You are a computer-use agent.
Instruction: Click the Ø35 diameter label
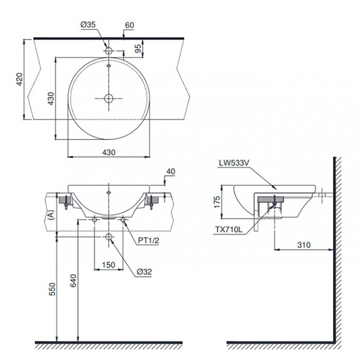click(x=88, y=25)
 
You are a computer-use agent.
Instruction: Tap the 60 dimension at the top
click(x=129, y=25)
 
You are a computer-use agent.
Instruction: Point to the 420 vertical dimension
click(x=19, y=79)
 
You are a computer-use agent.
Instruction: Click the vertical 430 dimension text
click(x=52, y=98)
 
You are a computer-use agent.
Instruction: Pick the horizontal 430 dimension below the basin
click(x=108, y=152)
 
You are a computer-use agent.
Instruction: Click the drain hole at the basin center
click(x=109, y=98)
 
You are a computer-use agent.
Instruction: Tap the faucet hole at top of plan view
click(x=109, y=51)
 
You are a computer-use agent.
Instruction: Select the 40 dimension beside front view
click(x=170, y=172)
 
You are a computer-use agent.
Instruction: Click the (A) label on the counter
click(x=52, y=214)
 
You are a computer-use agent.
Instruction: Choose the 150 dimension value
click(x=108, y=265)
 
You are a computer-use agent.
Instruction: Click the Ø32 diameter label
click(x=143, y=271)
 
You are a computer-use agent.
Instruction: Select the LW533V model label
click(x=236, y=161)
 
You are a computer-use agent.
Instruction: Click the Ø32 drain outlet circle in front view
click(x=109, y=238)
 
